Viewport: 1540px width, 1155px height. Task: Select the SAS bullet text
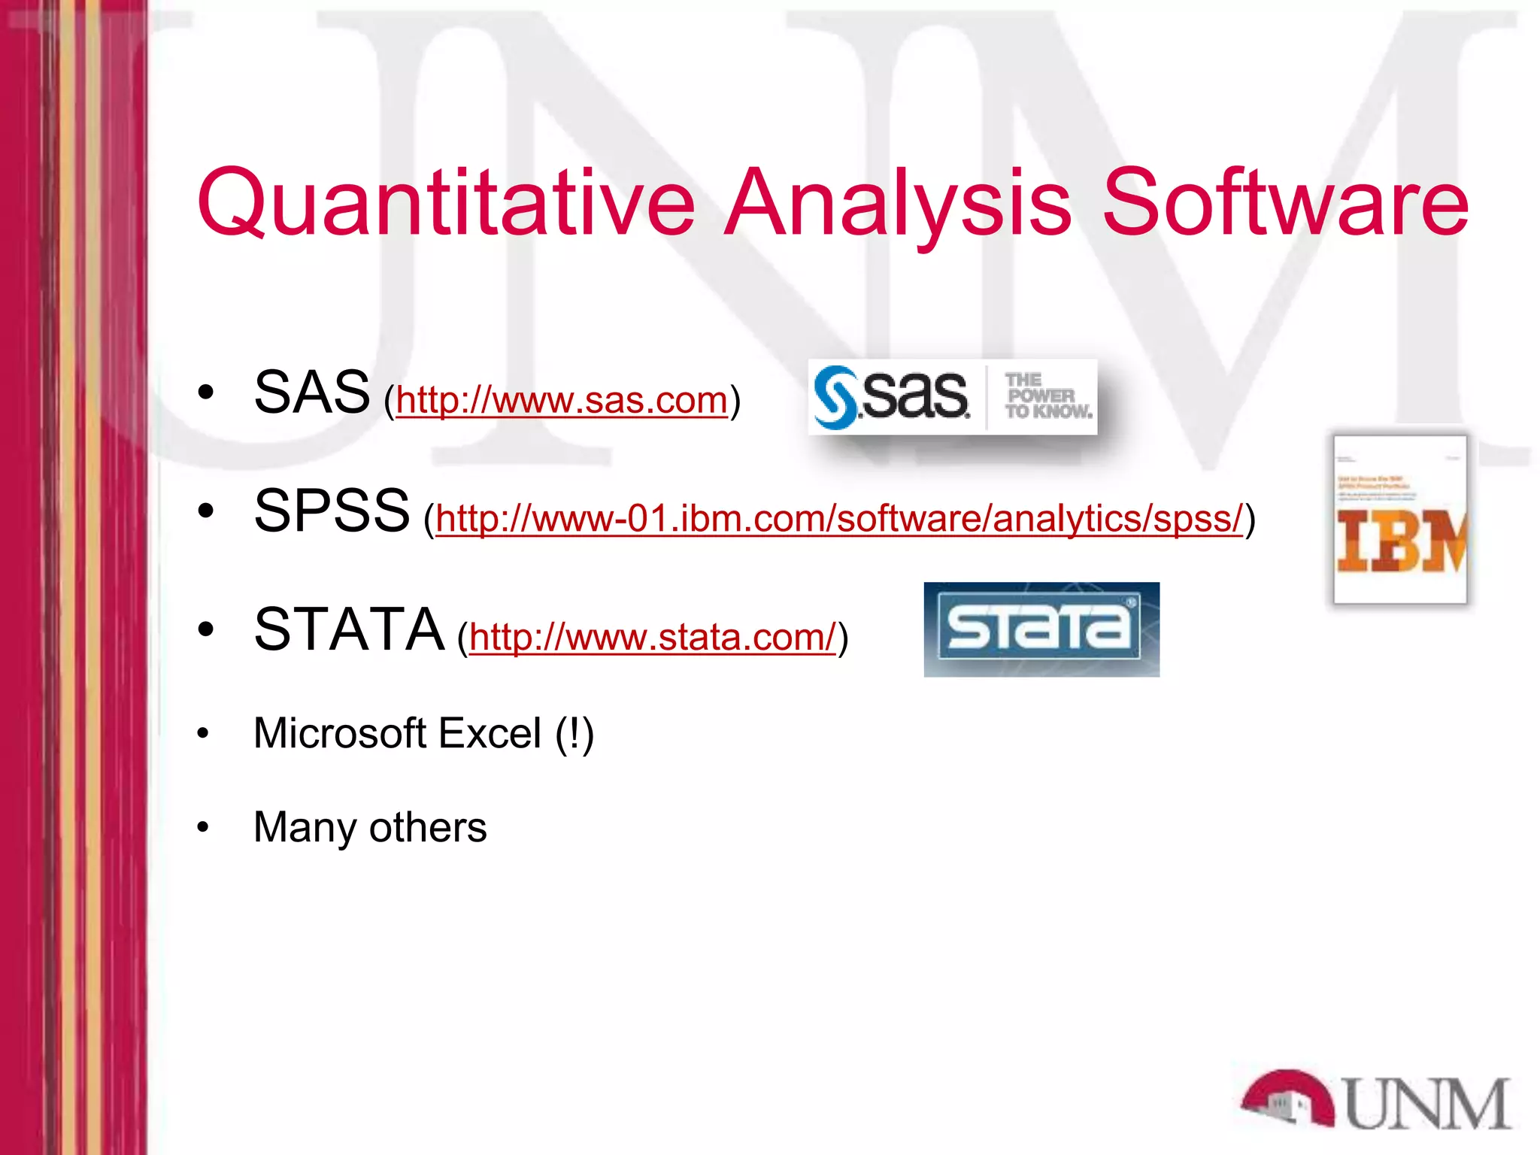point(311,393)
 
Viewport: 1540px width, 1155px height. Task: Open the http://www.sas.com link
point(561,400)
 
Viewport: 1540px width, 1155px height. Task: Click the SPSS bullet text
point(332,511)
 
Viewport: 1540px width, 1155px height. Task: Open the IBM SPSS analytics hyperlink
point(838,519)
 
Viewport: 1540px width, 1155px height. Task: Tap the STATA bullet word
point(349,630)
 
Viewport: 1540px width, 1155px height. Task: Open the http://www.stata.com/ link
point(652,638)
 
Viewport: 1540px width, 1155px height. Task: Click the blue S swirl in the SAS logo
point(835,397)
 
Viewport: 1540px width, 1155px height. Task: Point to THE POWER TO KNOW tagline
point(1047,396)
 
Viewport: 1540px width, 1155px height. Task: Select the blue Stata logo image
point(1041,629)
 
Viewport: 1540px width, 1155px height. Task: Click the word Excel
point(490,733)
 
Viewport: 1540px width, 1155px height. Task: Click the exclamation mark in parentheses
point(574,733)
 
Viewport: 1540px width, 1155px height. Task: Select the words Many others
point(370,827)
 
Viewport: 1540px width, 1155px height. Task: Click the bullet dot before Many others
point(202,828)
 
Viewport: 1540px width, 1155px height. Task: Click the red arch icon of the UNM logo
point(1286,1098)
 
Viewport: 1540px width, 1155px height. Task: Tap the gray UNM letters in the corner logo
point(1425,1103)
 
